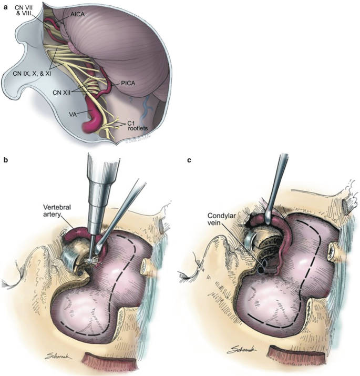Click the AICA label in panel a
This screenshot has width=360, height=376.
click(74, 16)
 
